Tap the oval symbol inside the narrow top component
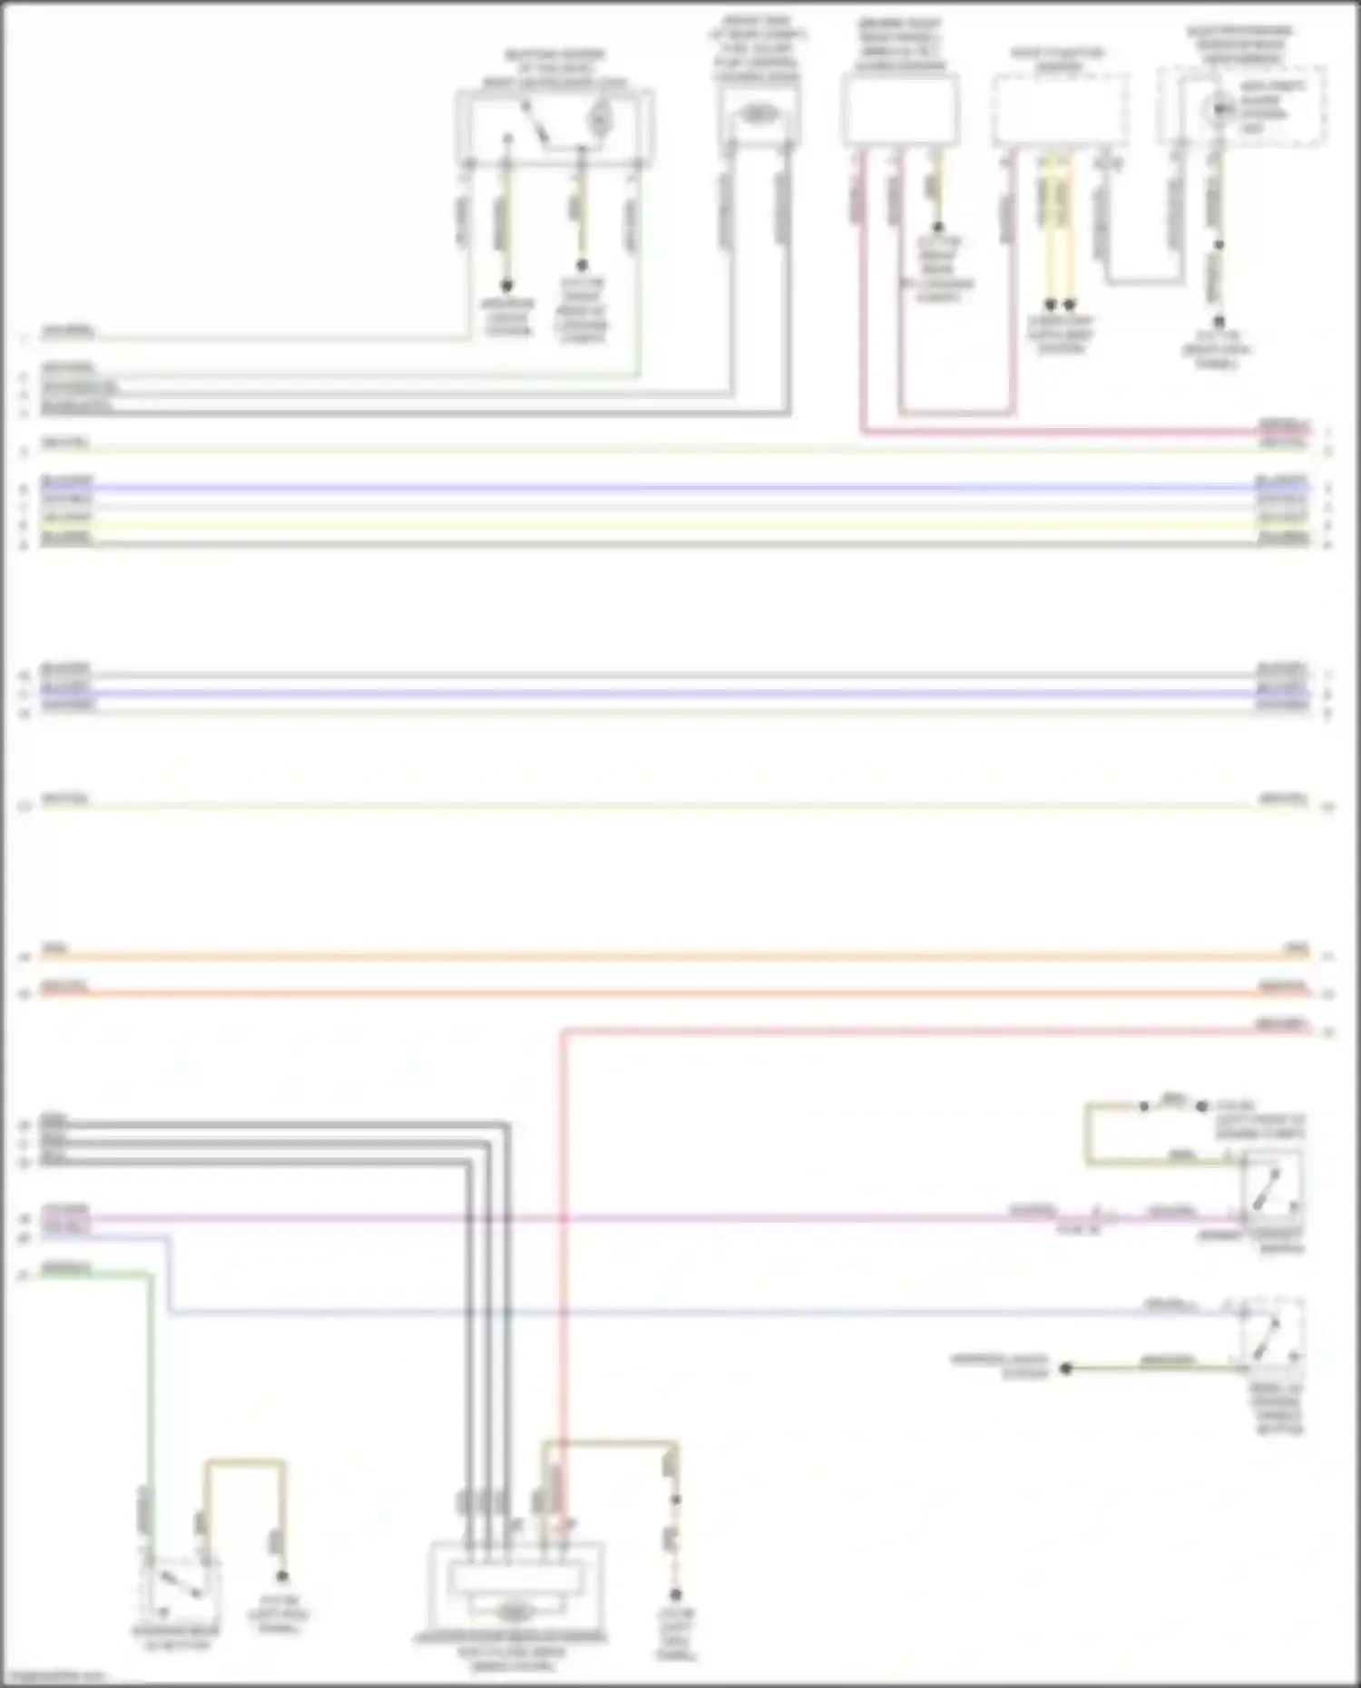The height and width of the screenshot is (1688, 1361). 759,114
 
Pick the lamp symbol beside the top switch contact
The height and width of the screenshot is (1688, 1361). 599,116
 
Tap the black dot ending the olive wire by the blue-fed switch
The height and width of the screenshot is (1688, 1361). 1067,1368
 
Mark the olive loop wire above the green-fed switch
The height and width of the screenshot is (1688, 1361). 243,1462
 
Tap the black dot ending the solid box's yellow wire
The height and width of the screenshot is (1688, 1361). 938,228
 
